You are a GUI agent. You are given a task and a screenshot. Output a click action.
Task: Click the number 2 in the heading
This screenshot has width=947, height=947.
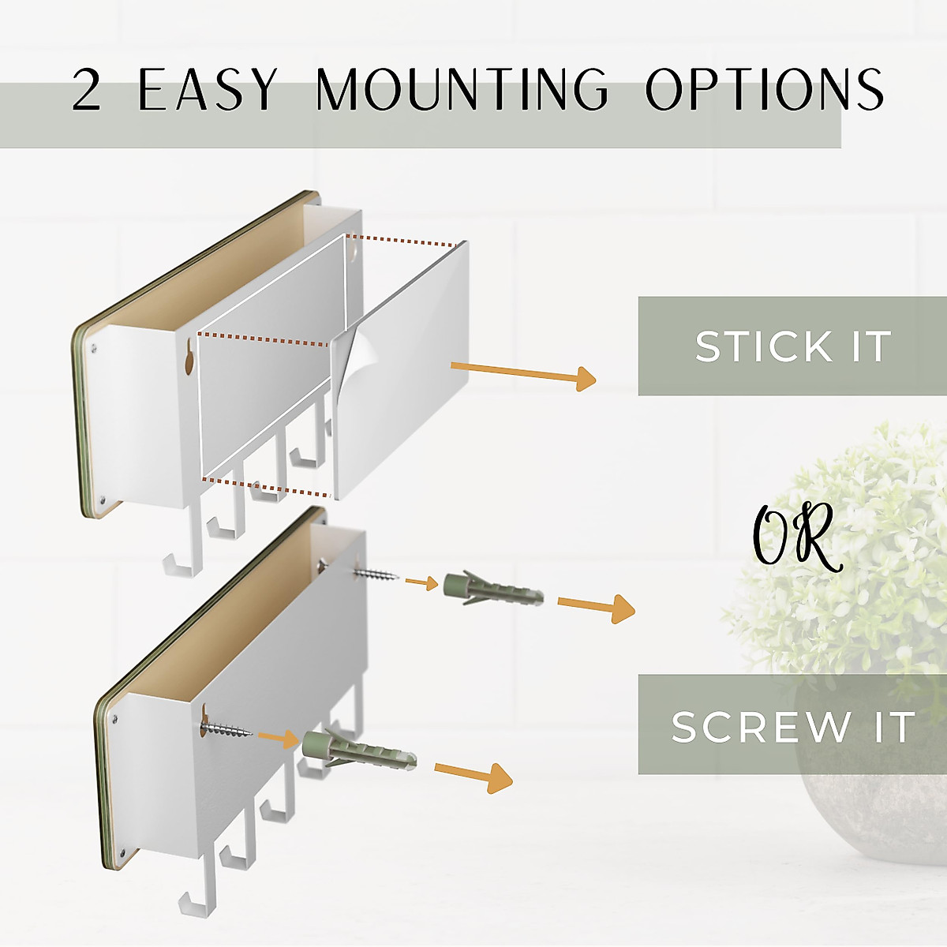(x=87, y=89)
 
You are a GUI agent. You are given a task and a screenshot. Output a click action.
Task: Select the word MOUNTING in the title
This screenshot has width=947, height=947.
(x=462, y=89)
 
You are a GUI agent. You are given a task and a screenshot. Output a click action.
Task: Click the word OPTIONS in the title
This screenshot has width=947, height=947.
(x=764, y=89)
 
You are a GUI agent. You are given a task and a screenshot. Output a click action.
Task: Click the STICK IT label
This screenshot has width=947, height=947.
(x=792, y=346)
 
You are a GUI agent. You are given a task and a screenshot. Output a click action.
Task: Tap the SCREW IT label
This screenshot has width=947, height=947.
(x=792, y=726)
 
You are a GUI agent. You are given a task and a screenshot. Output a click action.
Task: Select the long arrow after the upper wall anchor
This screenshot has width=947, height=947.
(x=596, y=607)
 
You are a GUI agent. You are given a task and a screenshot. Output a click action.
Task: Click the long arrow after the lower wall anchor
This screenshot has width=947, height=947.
(x=473, y=775)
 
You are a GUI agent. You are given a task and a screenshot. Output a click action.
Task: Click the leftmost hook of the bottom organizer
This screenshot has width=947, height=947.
(x=190, y=900)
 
